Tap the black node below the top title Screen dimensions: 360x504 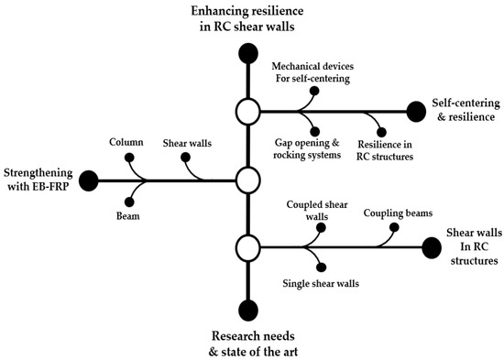click(247, 53)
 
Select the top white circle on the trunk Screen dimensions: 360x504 click(247, 112)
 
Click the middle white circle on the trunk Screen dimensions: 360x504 click(247, 180)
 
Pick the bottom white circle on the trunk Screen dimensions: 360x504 click(247, 246)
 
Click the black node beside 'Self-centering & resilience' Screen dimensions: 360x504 click(416, 112)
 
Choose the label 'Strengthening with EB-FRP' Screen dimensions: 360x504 click(38, 179)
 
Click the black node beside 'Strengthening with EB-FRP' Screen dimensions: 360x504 click(89, 180)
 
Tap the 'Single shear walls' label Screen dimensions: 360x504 click(321, 284)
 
